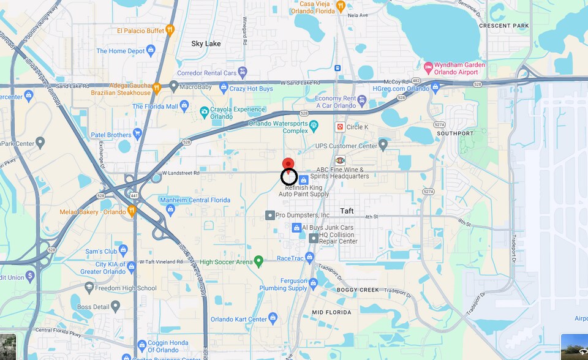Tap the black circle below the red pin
click(289, 178)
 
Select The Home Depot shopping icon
click(151, 50)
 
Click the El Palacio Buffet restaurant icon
click(170, 29)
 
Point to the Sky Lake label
click(206, 43)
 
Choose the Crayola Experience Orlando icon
click(204, 112)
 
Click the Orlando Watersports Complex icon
click(314, 126)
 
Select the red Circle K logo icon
click(339, 127)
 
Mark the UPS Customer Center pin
click(383, 145)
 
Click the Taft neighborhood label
click(347, 211)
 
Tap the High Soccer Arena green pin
click(258, 261)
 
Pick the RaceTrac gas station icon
click(309, 258)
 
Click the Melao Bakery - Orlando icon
click(131, 211)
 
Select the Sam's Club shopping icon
click(123, 250)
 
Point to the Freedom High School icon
click(89, 288)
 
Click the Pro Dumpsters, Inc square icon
click(269, 216)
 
